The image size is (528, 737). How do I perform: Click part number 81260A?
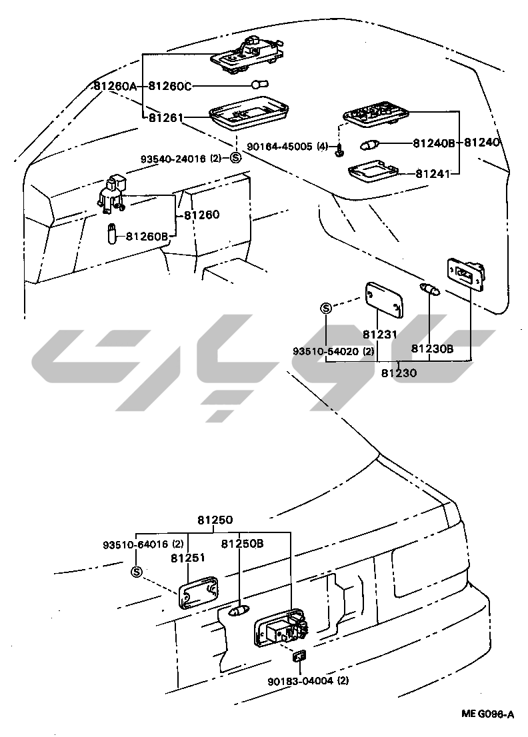pos(115,86)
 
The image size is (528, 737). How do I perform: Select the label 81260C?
pos(169,86)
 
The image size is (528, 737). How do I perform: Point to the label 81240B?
pos(433,142)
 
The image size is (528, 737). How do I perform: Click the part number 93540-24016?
pos(175,159)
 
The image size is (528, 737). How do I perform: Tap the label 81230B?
pos(432,348)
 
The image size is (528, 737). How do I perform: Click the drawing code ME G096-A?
pos(488,714)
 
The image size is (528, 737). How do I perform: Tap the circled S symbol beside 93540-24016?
pos(234,159)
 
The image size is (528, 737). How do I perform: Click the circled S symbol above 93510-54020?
pos(326,308)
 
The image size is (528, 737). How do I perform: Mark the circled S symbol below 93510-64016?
pos(137,571)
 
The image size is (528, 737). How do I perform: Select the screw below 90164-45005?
pos(340,152)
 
